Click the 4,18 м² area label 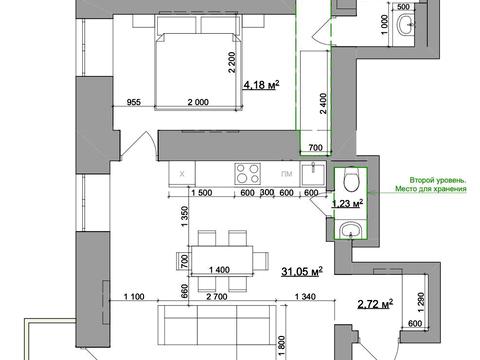coord(261,85)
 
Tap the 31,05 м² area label coord(302,271)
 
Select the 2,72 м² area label coord(375,304)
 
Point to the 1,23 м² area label coord(347,203)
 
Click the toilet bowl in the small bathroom coord(351,179)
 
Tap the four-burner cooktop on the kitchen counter coord(247,174)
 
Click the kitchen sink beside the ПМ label coord(313,174)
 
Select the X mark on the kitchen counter coord(182,174)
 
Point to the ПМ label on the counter coord(287,174)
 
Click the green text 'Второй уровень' coord(438,180)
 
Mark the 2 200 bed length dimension coord(232,62)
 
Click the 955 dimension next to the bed coord(134,102)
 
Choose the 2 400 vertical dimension coord(323,104)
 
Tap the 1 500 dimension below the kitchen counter coord(202,193)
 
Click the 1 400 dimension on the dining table coord(219,270)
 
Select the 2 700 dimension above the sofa coord(217,296)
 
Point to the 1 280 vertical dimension coord(421,302)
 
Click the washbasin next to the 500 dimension coord(406,24)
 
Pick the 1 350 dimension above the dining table coord(185,216)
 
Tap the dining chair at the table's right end coord(261,260)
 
